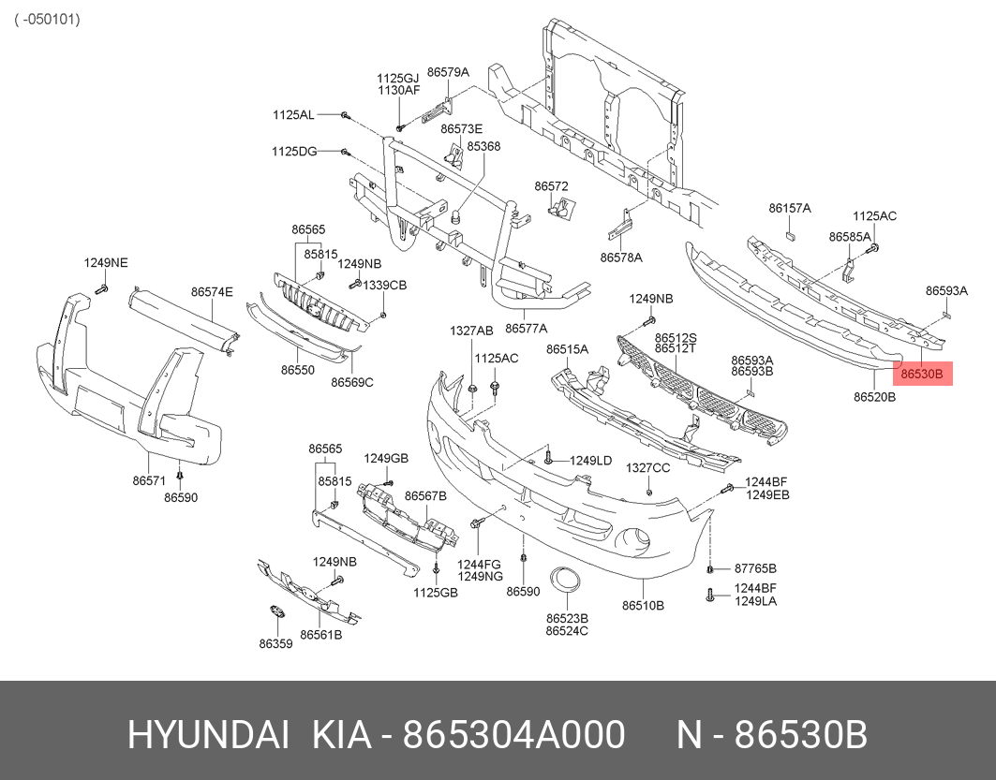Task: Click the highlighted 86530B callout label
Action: point(922,374)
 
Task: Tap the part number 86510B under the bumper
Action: point(643,606)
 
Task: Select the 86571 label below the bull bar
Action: point(149,481)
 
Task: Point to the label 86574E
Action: point(212,292)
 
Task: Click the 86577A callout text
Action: point(526,328)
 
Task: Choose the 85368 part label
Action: point(483,146)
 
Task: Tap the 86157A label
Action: point(790,208)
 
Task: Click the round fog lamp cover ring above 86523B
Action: point(563,581)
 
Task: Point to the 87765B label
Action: point(755,568)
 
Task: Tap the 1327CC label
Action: point(647,468)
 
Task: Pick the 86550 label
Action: point(298,370)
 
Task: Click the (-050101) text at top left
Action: point(48,19)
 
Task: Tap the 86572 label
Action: point(551,186)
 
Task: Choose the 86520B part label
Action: point(874,397)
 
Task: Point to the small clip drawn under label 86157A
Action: point(790,236)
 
